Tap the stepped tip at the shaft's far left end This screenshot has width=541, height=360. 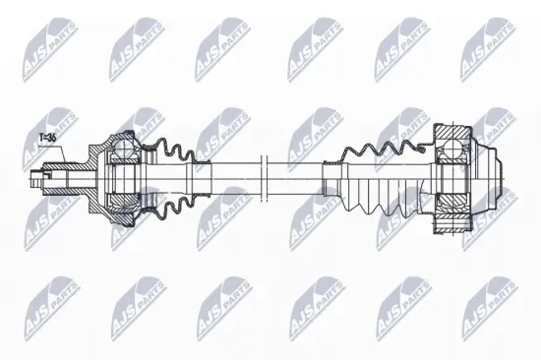pyautogui.click(x=36, y=179)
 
